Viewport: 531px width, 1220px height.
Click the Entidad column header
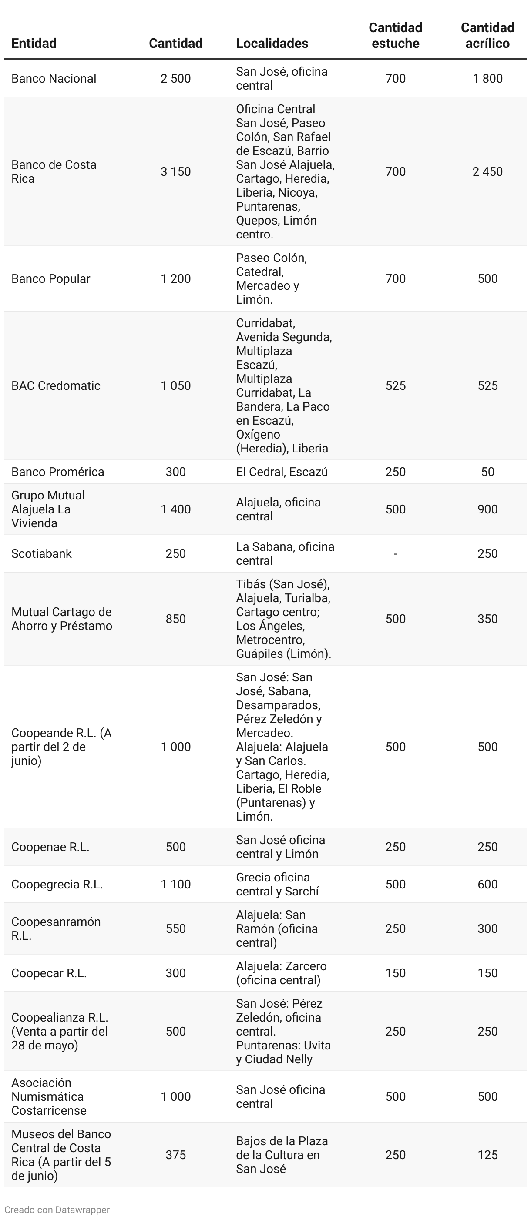click(x=34, y=43)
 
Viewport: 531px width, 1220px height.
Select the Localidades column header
click(x=272, y=43)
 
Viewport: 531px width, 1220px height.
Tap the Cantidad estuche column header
click(x=395, y=36)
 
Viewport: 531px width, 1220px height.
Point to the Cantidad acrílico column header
click(x=487, y=36)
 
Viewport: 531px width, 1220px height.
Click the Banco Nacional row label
click(x=54, y=79)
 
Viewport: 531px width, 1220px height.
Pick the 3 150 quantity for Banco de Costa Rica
click(x=175, y=171)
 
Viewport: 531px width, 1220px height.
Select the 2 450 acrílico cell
click(x=487, y=171)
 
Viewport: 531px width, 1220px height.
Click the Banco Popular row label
click(x=50, y=278)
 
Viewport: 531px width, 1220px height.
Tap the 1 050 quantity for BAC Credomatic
click(x=175, y=385)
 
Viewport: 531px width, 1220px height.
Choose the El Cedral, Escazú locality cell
click(x=282, y=472)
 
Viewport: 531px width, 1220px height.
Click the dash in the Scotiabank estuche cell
click(x=395, y=553)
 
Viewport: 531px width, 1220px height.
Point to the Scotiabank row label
click(x=41, y=553)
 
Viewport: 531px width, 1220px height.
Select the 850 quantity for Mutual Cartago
click(x=175, y=619)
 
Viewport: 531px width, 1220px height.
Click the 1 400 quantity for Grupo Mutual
click(x=175, y=509)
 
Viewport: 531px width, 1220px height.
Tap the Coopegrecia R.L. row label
click(x=57, y=884)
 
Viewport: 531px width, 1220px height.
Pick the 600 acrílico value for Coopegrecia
click(x=487, y=884)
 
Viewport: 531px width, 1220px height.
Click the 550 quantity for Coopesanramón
click(x=175, y=928)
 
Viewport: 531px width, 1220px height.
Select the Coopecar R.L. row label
click(x=49, y=973)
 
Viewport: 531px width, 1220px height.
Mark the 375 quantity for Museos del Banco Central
click(x=175, y=1155)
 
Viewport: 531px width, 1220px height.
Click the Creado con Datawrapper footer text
click(x=57, y=1210)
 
